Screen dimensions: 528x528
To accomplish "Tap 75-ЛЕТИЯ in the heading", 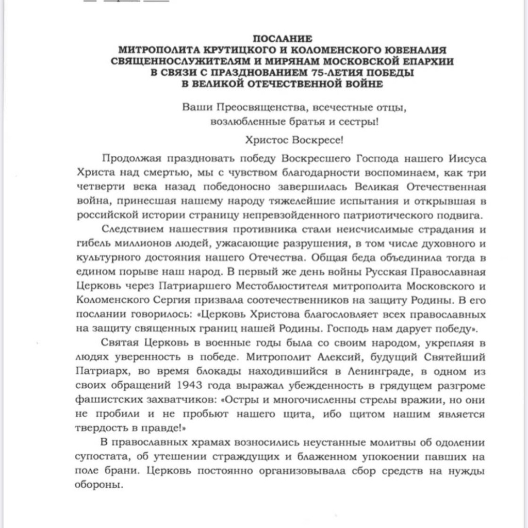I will click(x=316, y=73).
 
